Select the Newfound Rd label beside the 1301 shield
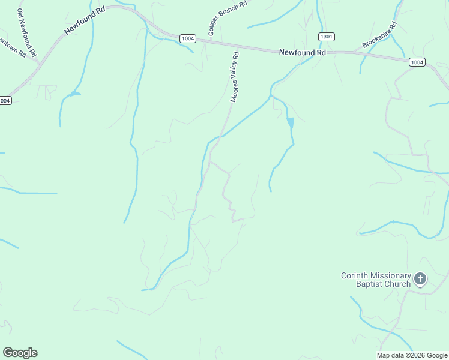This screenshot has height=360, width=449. point(302,53)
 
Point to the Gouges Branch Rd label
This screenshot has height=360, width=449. point(227,18)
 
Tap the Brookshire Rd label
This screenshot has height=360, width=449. point(379,35)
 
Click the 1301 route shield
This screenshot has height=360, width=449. point(327,37)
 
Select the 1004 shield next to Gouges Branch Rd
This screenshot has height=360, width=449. point(188,38)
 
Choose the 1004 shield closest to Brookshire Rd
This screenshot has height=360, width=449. point(417,62)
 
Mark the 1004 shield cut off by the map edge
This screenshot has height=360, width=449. point(5,100)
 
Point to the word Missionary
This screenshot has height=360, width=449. point(391,275)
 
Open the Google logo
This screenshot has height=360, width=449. point(20,353)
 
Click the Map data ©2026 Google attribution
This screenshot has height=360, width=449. point(412,355)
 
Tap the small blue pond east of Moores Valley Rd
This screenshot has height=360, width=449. point(291,122)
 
